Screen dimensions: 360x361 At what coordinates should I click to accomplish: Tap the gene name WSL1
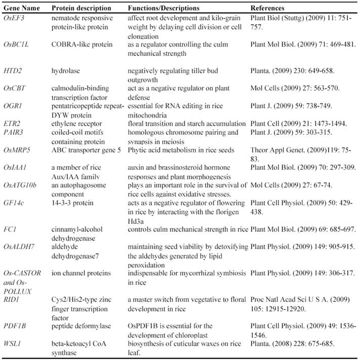pos(14,338)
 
